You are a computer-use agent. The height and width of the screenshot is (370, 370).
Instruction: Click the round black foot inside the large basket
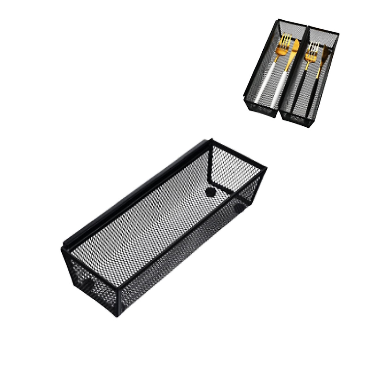211,191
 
